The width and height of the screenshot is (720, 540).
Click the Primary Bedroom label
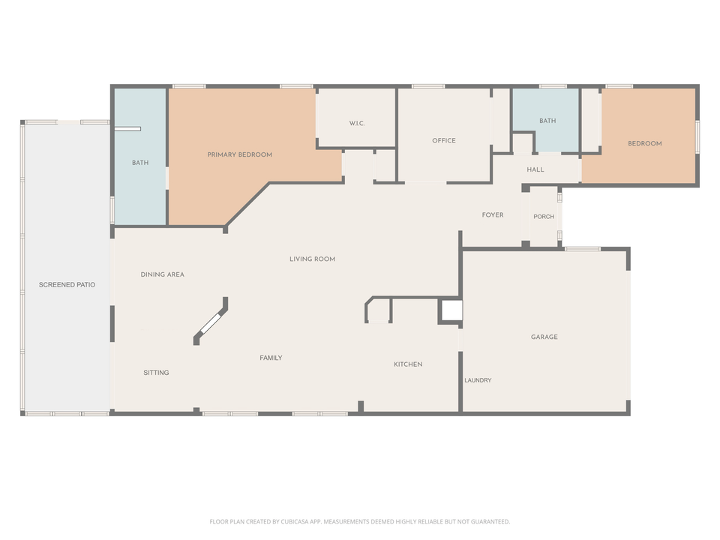pyautogui.click(x=239, y=154)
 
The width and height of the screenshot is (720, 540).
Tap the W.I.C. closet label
pyautogui.click(x=356, y=123)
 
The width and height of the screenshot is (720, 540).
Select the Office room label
pyautogui.click(x=443, y=140)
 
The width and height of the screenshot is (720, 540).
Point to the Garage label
pyautogui.click(x=544, y=337)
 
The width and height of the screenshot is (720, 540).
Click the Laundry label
pyautogui.click(x=478, y=380)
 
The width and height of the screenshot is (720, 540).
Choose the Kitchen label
pyautogui.click(x=408, y=364)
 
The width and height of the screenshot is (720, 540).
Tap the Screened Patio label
pyautogui.click(x=67, y=285)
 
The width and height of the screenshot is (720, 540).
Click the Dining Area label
pyautogui.click(x=162, y=274)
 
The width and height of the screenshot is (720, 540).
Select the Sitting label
pyautogui.click(x=156, y=373)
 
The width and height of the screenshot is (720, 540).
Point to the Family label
pyautogui.click(x=271, y=358)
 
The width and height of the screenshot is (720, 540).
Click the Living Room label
pyautogui.click(x=312, y=259)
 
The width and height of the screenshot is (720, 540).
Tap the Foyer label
pyautogui.click(x=492, y=215)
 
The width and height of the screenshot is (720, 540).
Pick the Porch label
pyautogui.click(x=544, y=217)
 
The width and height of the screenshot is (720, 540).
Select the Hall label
pyautogui.click(x=535, y=169)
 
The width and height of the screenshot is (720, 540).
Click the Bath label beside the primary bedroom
pyautogui.click(x=140, y=163)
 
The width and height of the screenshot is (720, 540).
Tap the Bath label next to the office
pyautogui.click(x=547, y=121)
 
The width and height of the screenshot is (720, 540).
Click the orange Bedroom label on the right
pyautogui.click(x=644, y=143)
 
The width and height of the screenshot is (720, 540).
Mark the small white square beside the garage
pyautogui.click(x=451, y=310)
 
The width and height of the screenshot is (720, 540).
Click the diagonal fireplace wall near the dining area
pyautogui.click(x=211, y=322)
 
